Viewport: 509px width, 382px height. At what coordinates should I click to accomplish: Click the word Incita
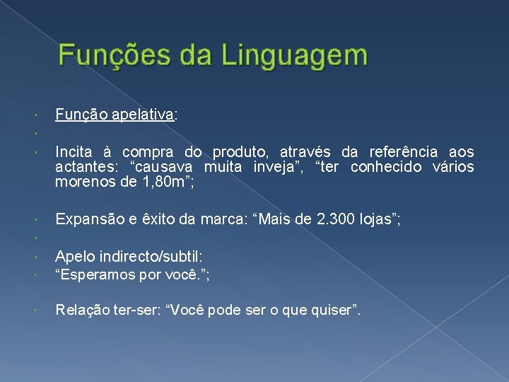pos(74,152)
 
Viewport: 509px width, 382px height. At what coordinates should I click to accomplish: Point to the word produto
pos(242,152)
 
